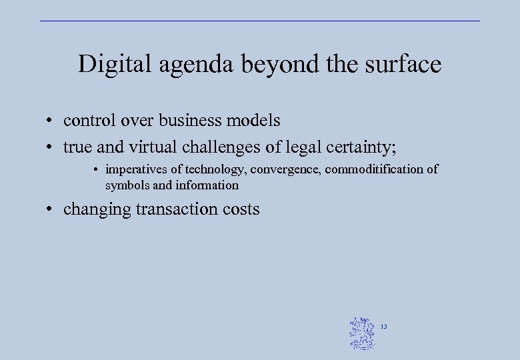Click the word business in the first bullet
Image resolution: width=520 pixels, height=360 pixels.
[x=190, y=121]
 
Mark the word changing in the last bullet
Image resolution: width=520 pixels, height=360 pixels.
[x=97, y=209]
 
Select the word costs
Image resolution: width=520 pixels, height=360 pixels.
[x=241, y=209]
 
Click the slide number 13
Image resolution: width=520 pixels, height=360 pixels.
[x=384, y=327]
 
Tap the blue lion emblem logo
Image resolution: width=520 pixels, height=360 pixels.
[x=363, y=333]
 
